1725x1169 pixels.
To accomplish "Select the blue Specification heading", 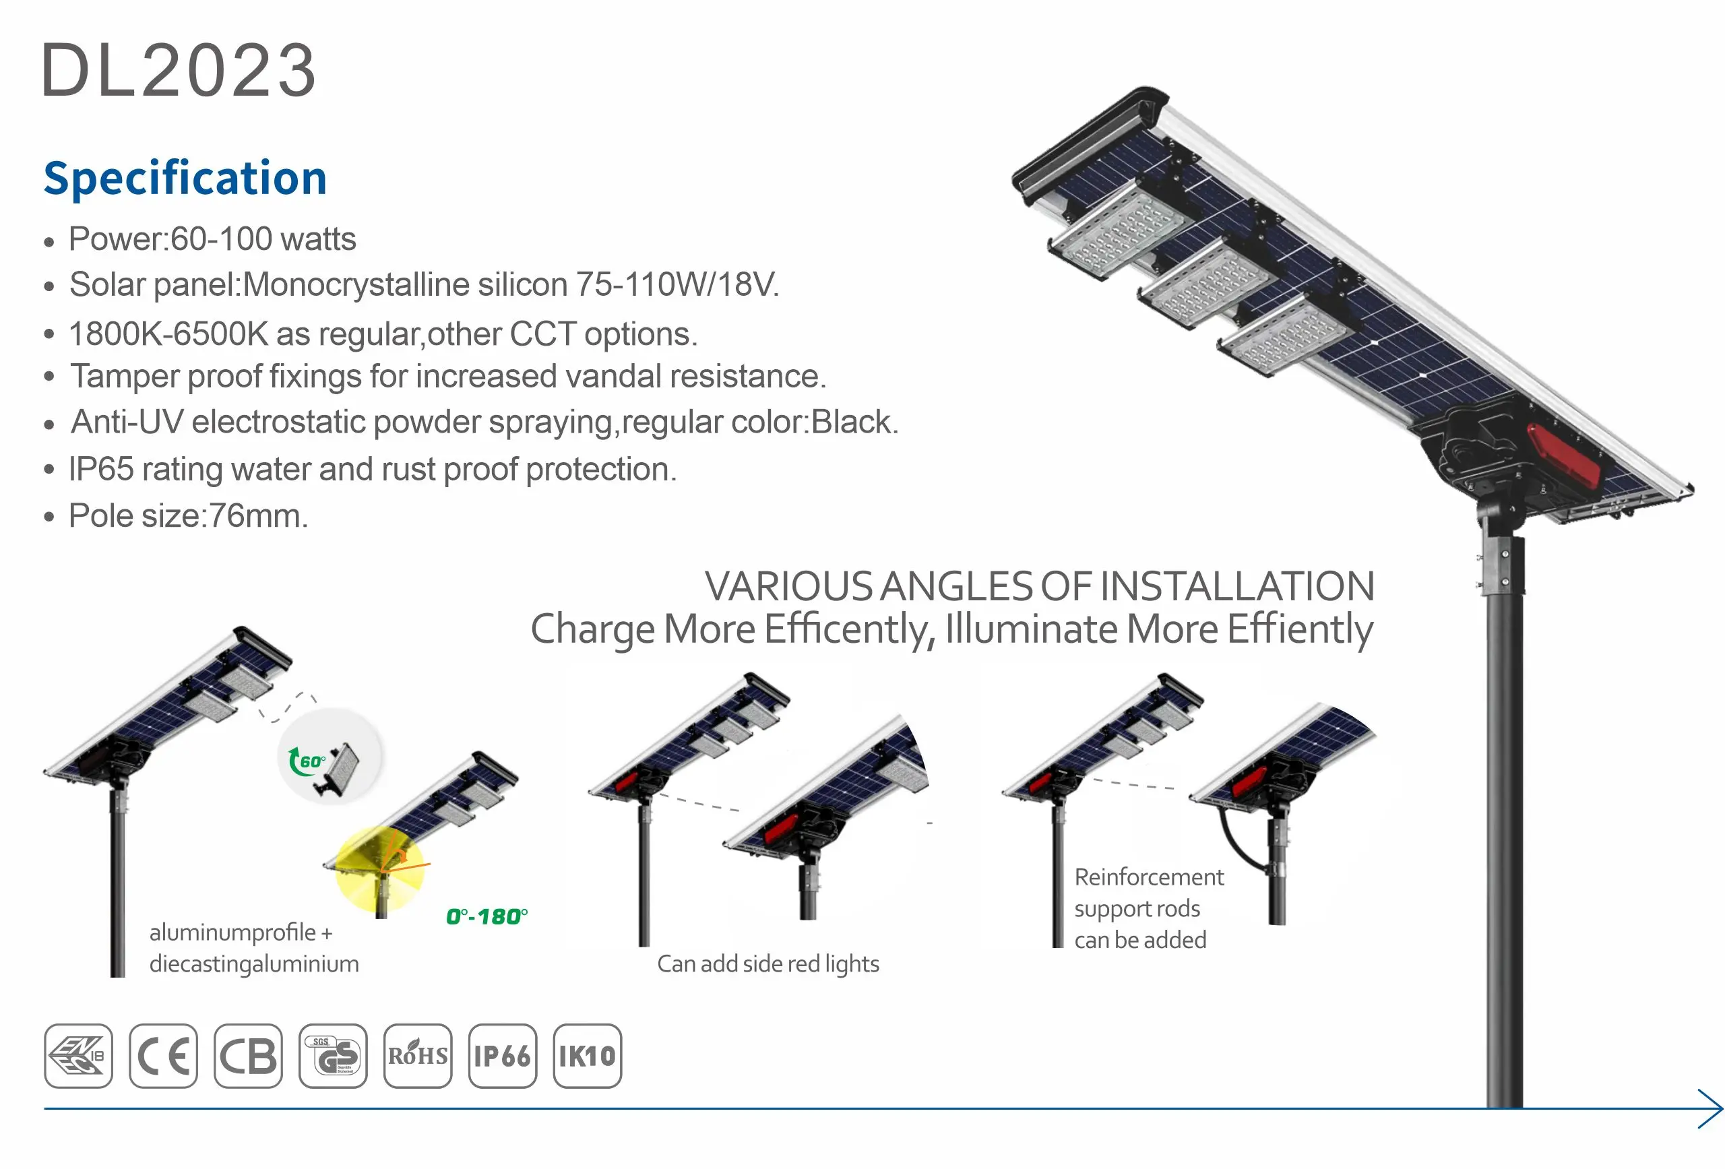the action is [185, 178].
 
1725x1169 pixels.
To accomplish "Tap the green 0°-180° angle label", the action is [487, 916].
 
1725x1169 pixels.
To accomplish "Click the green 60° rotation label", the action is [313, 761].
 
